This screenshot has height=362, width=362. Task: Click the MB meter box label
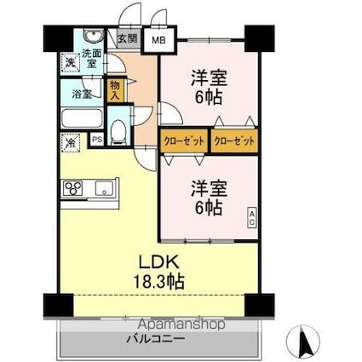158,40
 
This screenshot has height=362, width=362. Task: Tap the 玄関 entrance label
128,38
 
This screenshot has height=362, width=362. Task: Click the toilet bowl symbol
118,132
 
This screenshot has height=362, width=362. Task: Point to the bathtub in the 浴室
82,118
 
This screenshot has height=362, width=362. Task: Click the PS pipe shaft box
97,140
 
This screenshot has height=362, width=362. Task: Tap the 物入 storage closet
115,90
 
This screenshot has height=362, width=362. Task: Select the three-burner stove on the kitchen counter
72,188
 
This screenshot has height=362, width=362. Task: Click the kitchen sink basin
104,188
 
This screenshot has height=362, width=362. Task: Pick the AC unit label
252,218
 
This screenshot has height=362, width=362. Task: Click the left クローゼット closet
185,141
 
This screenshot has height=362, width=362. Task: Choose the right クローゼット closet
234,141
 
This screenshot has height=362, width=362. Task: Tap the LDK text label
158,262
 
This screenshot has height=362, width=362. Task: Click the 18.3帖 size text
158,281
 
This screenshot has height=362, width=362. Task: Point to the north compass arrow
307,341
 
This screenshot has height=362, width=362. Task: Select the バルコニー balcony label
156,339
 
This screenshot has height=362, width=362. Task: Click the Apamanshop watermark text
182,324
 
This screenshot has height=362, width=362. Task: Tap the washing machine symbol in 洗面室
70,62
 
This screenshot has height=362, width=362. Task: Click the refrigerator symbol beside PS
70,142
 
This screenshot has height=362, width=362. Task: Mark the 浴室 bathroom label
82,95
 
